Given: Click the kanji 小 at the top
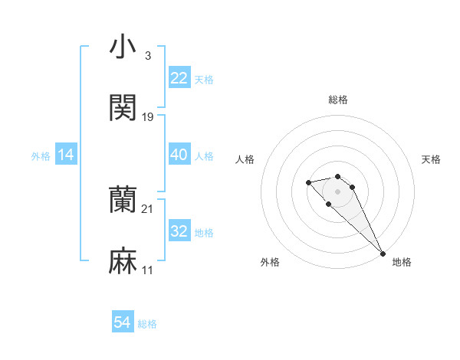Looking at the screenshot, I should pos(123,47).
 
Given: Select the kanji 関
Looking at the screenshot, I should pos(123,108).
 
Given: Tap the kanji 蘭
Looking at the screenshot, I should pos(123,200).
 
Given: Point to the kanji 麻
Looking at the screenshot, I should pos(123,261).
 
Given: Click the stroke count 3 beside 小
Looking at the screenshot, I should pos(147,56).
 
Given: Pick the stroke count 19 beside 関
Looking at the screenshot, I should pos(148,117).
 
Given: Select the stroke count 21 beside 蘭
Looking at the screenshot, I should pos(148,209).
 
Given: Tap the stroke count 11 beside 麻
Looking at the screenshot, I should pos(148,270).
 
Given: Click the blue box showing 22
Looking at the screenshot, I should pos(179,78).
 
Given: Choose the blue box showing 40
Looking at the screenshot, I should pos(179,155).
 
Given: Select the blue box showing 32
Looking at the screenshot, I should pos(179,231).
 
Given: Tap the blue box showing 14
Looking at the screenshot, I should pos(66,155).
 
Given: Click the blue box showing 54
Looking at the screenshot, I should pos(123,323).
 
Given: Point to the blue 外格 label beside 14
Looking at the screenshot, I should pos(41,156).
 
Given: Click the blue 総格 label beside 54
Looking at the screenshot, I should pos(147,324).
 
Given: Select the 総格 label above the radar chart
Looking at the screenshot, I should pos(338,100).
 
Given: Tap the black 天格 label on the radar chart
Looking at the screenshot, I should pos(432,159).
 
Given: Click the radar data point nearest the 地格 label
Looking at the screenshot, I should pos(383,254).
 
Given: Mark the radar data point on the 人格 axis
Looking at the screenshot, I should pos(308,182).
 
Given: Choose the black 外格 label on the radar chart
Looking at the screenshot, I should pos(270,262).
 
